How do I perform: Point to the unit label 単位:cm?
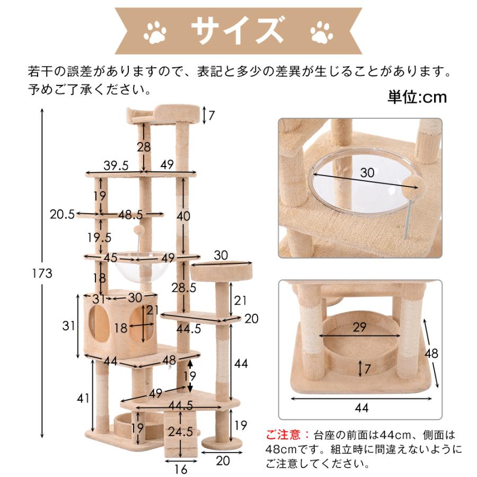(x=417, y=97)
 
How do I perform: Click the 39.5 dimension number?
(x=116, y=165)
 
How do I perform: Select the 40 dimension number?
(x=183, y=216)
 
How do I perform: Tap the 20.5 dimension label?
(x=62, y=214)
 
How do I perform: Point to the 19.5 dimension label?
(x=99, y=236)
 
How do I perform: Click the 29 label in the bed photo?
(x=360, y=328)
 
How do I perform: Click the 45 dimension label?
(x=110, y=258)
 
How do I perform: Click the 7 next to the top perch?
(x=212, y=114)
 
